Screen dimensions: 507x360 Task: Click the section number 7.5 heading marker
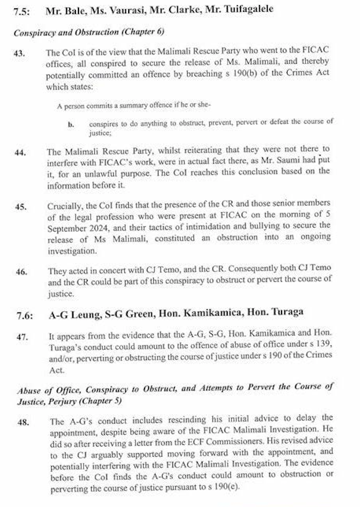24,9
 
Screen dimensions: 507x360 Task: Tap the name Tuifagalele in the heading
246,9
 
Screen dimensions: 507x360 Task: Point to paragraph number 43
21,53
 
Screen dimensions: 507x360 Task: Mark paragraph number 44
21,152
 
